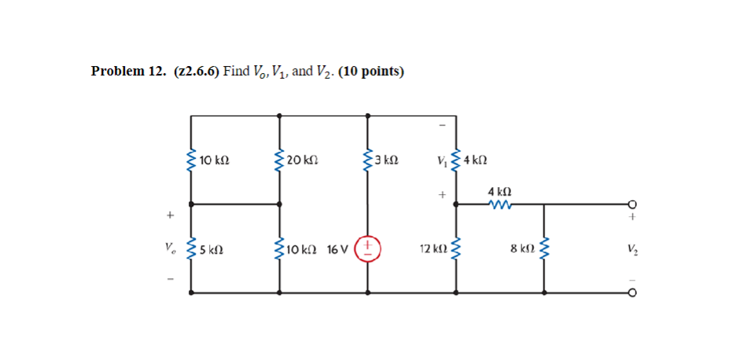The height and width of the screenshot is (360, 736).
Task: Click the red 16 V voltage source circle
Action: pos(369,248)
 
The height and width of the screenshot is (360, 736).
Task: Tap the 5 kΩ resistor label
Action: pos(212,250)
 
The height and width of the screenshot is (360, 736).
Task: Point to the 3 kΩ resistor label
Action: pos(386,160)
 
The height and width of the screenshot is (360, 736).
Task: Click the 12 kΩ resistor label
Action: pos(432,249)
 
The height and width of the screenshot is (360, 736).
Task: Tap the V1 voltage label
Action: pos(443,161)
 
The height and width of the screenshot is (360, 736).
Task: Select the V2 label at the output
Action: pos(632,249)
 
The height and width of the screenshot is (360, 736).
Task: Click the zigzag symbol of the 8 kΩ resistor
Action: pos(545,248)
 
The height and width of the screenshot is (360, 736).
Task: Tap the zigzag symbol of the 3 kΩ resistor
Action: pos(367,160)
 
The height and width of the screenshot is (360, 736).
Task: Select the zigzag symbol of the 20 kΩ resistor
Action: pos(279,160)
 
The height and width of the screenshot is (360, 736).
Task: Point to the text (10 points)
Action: pos(371,72)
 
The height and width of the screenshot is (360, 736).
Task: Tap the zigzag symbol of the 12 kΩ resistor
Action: pos(457,248)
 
